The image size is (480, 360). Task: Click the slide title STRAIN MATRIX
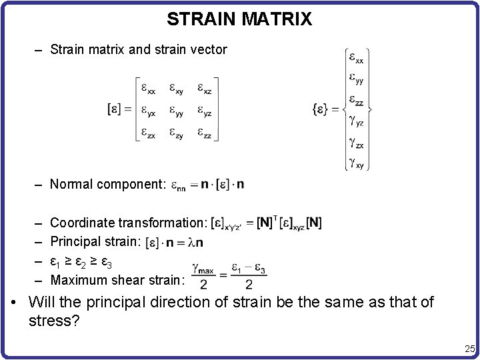click(239, 19)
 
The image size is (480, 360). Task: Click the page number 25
click(469, 348)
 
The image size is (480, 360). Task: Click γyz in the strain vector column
click(356, 121)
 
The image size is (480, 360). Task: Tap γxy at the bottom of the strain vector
click(356, 162)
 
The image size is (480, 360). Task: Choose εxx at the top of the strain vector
click(356, 58)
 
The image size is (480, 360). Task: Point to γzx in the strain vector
click(356, 142)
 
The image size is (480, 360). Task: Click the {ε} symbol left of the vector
click(321, 108)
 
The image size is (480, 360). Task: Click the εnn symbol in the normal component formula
click(178, 185)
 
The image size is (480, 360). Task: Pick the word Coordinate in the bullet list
click(82, 223)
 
